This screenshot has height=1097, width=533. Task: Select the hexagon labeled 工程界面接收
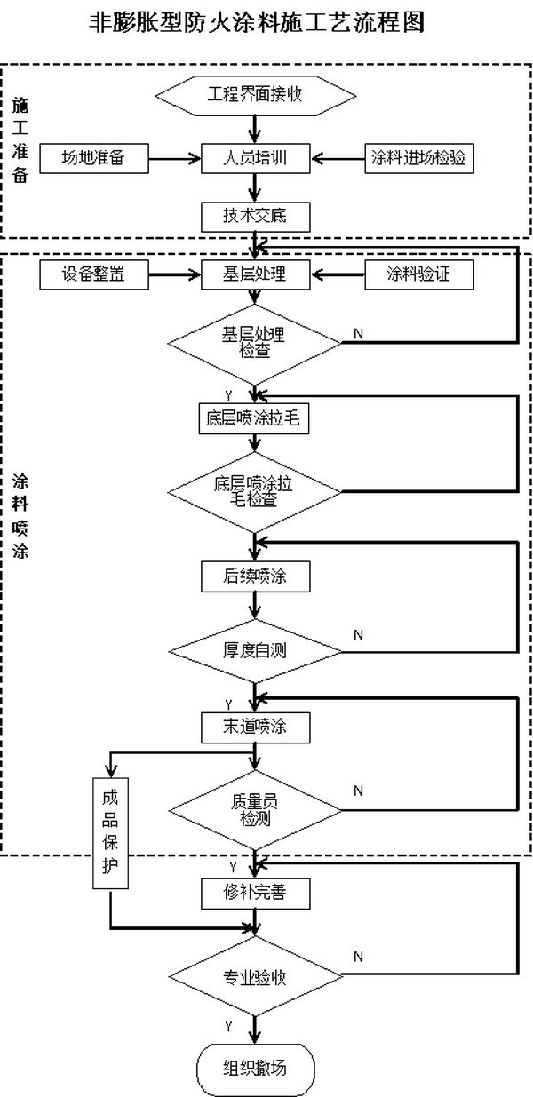pyautogui.click(x=256, y=94)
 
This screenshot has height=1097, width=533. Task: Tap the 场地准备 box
pyautogui.click(x=92, y=158)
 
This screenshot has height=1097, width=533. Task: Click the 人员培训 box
pyautogui.click(x=256, y=158)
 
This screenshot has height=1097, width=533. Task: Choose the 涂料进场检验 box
pyautogui.click(x=418, y=158)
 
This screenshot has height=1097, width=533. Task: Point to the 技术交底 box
pyautogui.click(x=256, y=215)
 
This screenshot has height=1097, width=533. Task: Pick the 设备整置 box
pyautogui.click(x=93, y=275)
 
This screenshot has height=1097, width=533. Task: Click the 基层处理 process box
pyautogui.click(x=256, y=275)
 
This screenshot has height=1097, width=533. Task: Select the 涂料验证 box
pyautogui.click(x=418, y=275)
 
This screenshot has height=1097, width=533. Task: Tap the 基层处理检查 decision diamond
pyautogui.click(x=256, y=341)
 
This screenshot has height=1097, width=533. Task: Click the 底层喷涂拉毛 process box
pyautogui.click(x=256, y=419)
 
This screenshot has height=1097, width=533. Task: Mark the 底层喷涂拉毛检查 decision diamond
pyautogui.click(x=256, y=491)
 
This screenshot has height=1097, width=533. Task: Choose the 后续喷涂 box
pyautogui.click(x=256, y=576)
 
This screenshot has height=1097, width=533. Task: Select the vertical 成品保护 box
pyautogui.click(x=110, y=831)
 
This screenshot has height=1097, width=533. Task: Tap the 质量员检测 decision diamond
pyautogui.click(x=256, y=807)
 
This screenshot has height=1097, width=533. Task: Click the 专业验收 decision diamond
pyautogui.click(x=256, y=977)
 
